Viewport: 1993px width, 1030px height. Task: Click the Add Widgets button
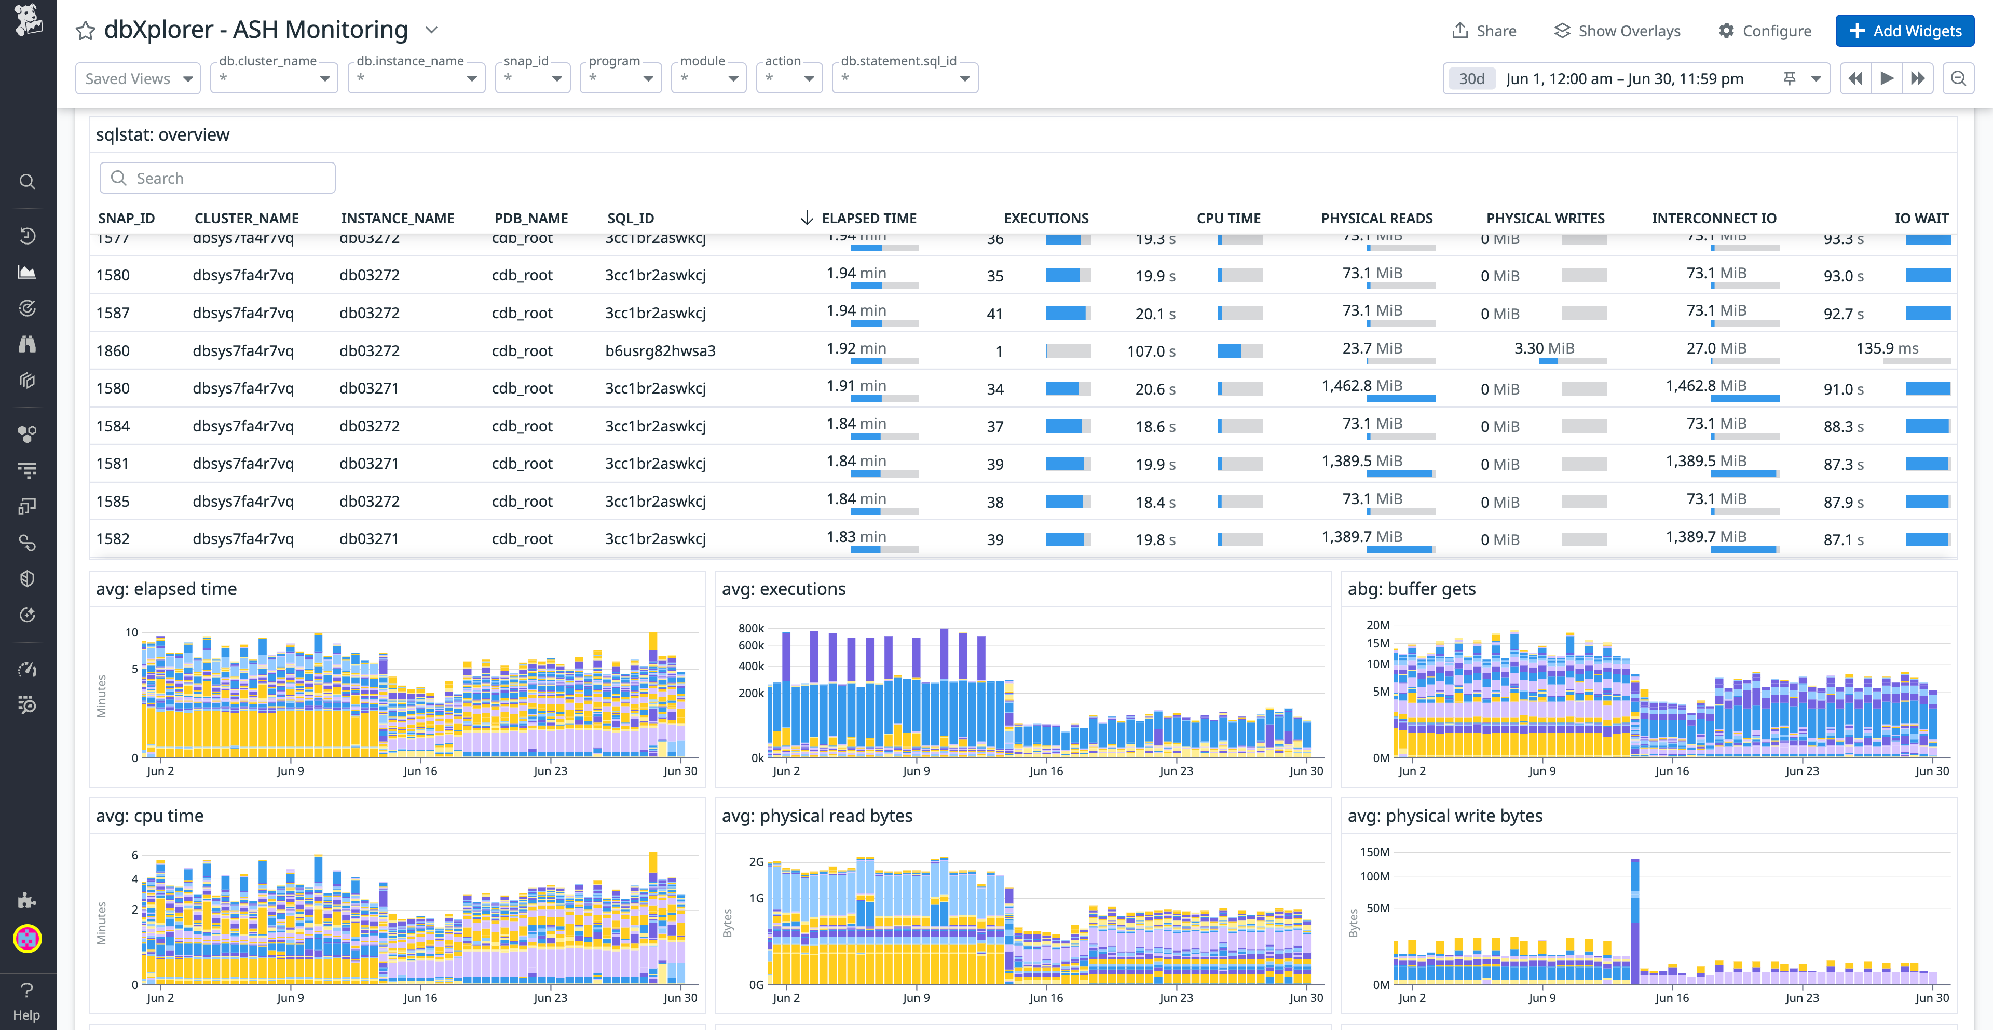(x=1904, y=31)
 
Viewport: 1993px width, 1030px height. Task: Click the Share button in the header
(x=1484, y=31)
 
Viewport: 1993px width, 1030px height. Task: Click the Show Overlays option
(x=1617, y=31)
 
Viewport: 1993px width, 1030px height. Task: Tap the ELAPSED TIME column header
(x=868, y=218)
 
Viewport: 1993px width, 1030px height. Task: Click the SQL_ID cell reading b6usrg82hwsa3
(x=660, y=350)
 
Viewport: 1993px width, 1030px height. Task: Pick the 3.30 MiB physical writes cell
(x=1544, y=348)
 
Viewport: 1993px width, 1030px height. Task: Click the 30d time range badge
(x=1471, y=79)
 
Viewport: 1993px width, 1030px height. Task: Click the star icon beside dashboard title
(x=85, y=31)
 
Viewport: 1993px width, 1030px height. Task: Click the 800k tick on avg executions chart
(x=750, y=628)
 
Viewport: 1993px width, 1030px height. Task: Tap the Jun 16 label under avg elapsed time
(x=420, y=771)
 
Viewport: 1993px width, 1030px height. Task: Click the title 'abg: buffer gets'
(x=1411, y=589)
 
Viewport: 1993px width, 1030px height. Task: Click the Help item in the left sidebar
(x=26, y=1001)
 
